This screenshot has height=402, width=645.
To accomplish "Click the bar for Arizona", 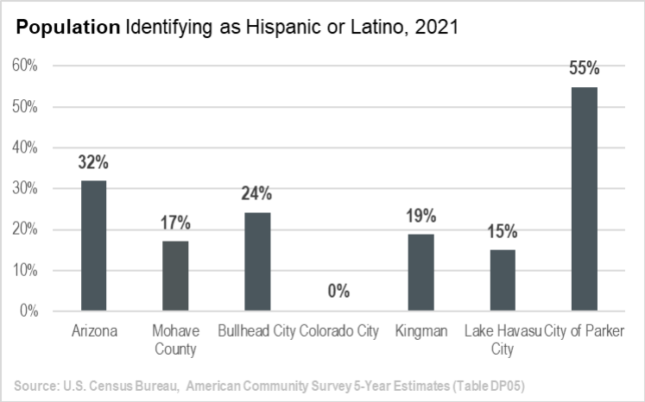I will point(93,245).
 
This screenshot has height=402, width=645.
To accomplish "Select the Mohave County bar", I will point(175,275).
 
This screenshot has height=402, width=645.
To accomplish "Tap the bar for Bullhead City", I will point(257,261).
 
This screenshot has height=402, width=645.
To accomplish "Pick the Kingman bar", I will point(421,272).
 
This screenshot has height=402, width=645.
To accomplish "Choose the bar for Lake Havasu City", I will point(503,280).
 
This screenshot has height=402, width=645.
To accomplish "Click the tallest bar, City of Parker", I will point(585,198).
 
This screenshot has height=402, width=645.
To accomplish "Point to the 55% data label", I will point(585,69).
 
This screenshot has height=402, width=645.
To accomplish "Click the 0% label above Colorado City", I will point(338,292).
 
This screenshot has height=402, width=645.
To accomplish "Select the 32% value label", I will point(93,162).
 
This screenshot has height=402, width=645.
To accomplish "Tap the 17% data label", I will point(175,223).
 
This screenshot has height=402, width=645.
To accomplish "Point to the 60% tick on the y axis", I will point(26,66).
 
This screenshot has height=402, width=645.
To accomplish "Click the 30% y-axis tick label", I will point(26,188).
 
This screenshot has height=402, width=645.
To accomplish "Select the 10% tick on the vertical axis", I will point(26,270).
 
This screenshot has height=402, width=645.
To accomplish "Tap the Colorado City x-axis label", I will point(338,331).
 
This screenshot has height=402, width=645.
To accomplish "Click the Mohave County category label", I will point(175,340).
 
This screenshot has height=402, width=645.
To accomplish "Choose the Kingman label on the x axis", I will point(421,331).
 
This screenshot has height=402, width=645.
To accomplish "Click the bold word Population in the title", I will point(68,28).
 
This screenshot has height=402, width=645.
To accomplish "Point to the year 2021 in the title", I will point(439,28).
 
